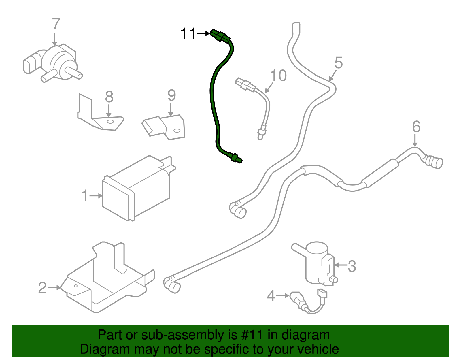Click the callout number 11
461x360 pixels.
pyautogui.click(x=188, y=34)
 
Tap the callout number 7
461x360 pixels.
pyautogui.click(x=56, y=24)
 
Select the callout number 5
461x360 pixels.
pyautogui.click(x=339, y=63)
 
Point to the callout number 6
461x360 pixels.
pyautogui.click(x=416, y=127)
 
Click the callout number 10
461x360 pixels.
pyautogui.click(x=278, y=76)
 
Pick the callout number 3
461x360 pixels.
pyautogui.click(x=352, y=266)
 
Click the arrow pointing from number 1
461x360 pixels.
pyautogui.click(x=96, y=196)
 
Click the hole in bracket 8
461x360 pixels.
pyautogui.click(x=110, y=121)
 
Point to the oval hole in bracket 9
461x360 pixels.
pyautogui.click(x=177, y=131)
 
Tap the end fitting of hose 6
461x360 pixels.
pyautogui.click(x=435, y=162)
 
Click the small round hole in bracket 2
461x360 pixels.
pyautogui.click(x=76, y=286)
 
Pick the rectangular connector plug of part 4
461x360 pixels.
pyautogui.click(x=322, y=294)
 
